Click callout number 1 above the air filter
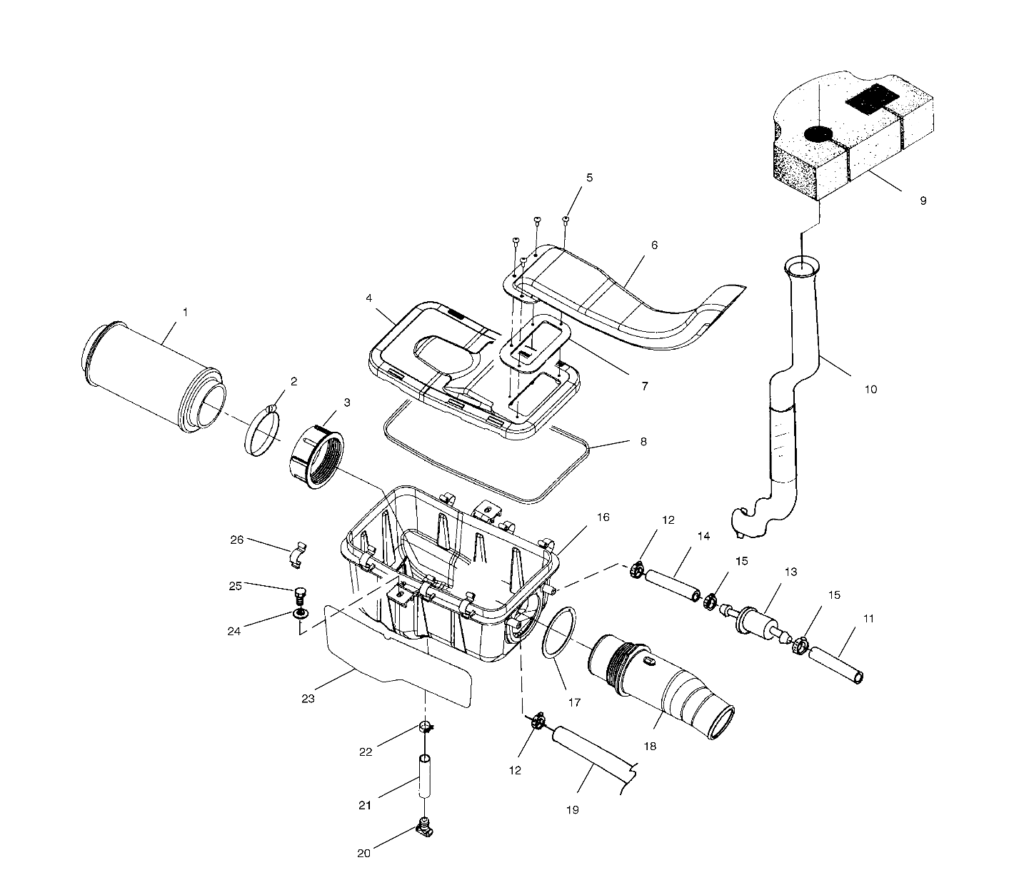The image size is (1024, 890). tap(185, 312)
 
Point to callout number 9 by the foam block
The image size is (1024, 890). tap(923, 201)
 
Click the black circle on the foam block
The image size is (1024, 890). tap(818, 133)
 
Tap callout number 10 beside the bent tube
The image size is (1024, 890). tap(870, 389)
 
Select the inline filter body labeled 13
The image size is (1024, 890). tap(753, 620)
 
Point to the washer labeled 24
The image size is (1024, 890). tap(301, 613)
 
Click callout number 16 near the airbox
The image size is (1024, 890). tap(603, 517)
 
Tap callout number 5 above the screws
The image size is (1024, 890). tap(589, 178)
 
